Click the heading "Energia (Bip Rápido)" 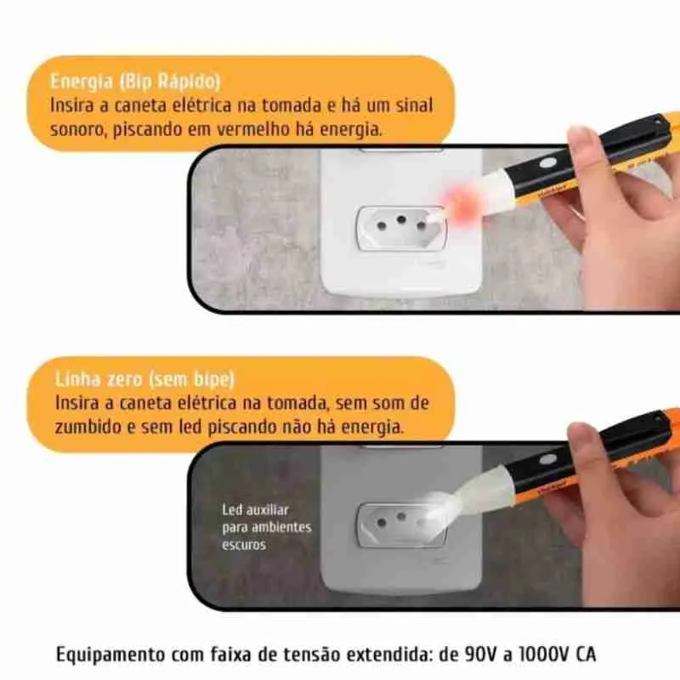135,82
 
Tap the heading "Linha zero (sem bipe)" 144,379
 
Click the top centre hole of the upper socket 401,219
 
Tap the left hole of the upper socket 382,225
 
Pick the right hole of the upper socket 421,225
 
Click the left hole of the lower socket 382,523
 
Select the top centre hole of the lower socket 401,517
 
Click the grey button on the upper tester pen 548,162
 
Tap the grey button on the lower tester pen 548,459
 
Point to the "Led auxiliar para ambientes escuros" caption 266,527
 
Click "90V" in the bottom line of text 480,654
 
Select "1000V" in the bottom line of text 544,654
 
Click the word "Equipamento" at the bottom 110,654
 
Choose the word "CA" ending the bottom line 586,654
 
